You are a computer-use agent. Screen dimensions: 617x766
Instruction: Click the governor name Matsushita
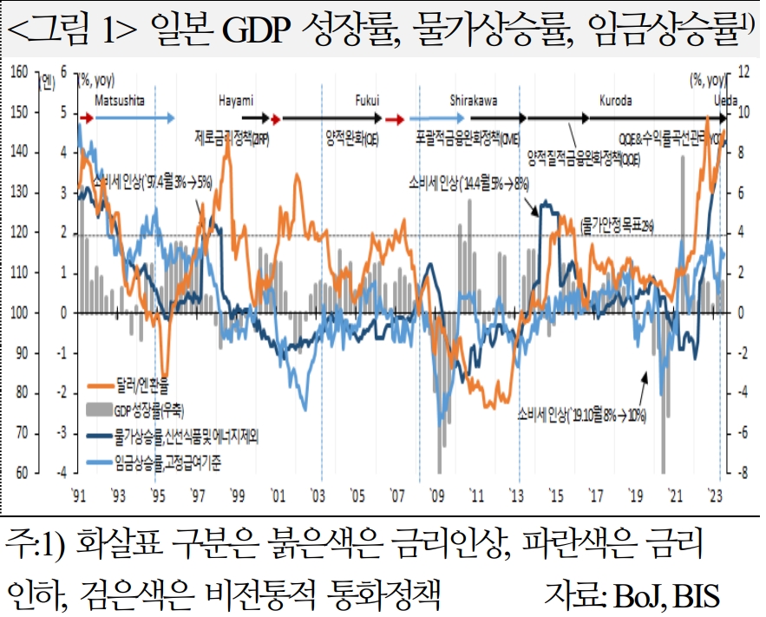tap(119, 101)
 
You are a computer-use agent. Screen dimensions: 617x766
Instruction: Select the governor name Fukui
tap(368, 101)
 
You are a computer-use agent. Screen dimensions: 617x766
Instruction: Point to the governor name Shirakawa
tap(474, 101)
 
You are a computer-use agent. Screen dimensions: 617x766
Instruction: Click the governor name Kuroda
tap(616, 101)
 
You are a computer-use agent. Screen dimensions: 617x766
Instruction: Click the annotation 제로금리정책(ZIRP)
tap(232, 137)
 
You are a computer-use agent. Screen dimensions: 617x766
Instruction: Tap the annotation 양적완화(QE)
tap(351, 137)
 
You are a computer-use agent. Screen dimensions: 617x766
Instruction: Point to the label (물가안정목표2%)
tap(617, 225)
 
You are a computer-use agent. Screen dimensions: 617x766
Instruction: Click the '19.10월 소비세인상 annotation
tap(581, 413)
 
